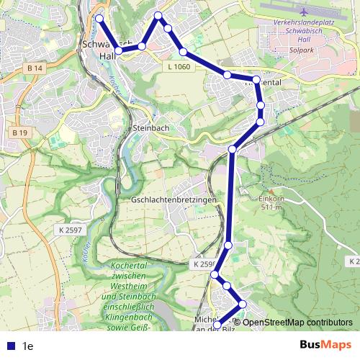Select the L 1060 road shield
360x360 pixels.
point(179,66)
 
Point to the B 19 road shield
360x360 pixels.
point(19,132)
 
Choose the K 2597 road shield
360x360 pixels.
point(68,229)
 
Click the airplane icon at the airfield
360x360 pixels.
point(305,12)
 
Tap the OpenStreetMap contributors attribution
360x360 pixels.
point(297,322)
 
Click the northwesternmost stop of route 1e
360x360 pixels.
point(99,19)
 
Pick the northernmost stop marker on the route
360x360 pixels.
point(158,15)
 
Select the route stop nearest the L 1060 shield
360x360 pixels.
point(184,52)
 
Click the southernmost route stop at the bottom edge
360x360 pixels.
point(219,328)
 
